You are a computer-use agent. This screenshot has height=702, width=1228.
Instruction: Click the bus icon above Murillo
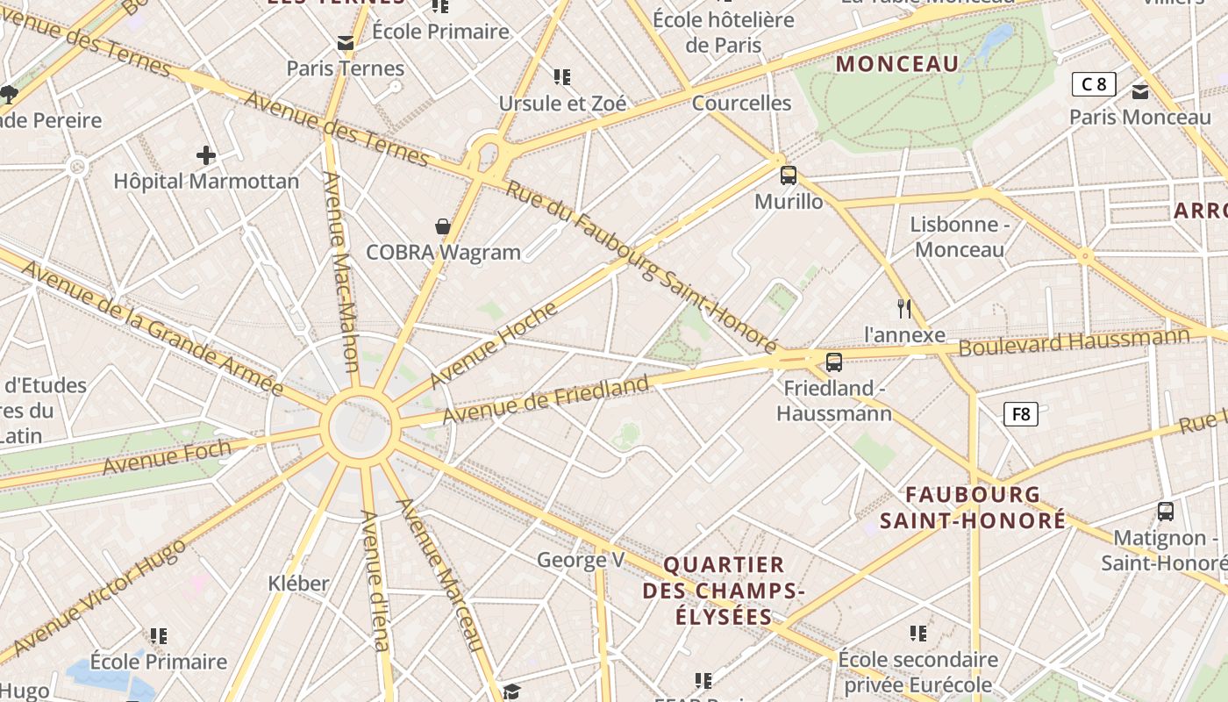[789, 175]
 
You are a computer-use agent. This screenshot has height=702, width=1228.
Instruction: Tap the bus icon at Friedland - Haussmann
[834, 362]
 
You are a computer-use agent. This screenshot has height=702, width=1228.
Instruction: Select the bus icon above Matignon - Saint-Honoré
[1166, 511]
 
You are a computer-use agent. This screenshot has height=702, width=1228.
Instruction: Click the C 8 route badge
[1094, 84]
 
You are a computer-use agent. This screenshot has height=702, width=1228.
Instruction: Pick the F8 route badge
[1021, 414]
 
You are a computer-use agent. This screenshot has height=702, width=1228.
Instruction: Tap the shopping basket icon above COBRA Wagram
[444, 226]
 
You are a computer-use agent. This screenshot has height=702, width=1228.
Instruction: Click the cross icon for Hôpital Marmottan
[206, 156]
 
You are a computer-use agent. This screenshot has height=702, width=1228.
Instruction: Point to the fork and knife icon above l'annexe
[905, 308]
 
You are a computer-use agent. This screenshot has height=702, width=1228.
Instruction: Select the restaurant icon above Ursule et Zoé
[562, 77]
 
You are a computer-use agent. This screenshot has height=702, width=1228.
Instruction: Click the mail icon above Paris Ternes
[346, 42]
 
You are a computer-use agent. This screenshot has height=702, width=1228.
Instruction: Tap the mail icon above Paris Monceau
[1140, 91]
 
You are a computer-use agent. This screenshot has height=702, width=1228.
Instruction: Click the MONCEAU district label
[897, 64]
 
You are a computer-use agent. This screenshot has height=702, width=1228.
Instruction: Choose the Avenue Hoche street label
[493, 345]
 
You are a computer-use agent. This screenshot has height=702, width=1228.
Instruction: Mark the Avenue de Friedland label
[546, 399]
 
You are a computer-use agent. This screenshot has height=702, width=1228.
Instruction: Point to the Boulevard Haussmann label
[1074, 341]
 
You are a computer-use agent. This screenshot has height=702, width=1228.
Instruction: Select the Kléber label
[299, 583]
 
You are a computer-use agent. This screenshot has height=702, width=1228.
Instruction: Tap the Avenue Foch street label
[167, 457]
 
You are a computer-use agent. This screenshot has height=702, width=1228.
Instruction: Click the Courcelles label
[742, 104]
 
